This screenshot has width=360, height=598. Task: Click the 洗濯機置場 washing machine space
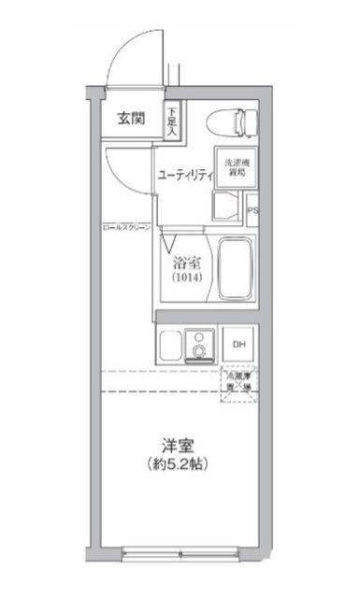click(234, 167)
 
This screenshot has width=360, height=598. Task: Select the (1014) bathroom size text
click(183, 278)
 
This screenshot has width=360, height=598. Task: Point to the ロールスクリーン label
click(124, 228)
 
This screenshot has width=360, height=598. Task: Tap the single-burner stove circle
click(200, 350)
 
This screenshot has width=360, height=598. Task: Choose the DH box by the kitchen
click(238, 344)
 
